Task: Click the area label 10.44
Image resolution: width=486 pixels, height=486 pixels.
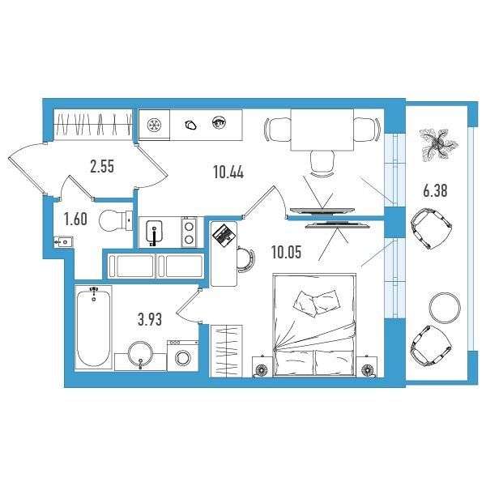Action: tap(228, 172)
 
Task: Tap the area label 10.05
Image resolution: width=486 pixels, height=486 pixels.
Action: tap(286, 252)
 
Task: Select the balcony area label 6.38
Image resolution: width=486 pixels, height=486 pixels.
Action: tap(435, 190)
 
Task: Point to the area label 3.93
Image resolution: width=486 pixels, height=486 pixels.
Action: tap(150, 320)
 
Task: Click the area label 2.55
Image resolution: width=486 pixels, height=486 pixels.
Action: tap(102, 166)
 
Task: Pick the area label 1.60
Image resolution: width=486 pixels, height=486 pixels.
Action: tap(75, 220)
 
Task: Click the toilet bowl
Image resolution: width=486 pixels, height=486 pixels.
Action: tap(116, 220)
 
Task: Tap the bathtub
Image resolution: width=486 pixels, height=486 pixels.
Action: tap(93, 327)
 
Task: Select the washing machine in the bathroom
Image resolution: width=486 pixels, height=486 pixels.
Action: tap(182, 356)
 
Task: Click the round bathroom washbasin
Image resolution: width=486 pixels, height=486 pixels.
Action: tap(140, 354)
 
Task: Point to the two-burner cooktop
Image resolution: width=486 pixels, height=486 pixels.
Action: tap(189, 232)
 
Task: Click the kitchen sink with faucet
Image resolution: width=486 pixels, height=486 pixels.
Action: tap(154, 232)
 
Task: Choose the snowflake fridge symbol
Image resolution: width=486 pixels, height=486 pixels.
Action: tap(154, 126)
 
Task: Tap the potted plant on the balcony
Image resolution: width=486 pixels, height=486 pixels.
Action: tap(438, 143)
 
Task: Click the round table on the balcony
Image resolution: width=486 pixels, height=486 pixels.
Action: tap(445, 308)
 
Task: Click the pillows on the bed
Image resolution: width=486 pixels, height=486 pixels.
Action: tap(317, 303)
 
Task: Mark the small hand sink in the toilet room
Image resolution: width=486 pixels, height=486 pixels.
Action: tap(63, 241)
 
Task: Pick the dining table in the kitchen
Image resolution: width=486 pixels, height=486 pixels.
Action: tap(322, 130)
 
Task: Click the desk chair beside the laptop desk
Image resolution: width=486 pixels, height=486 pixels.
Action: tap(246, 259)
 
